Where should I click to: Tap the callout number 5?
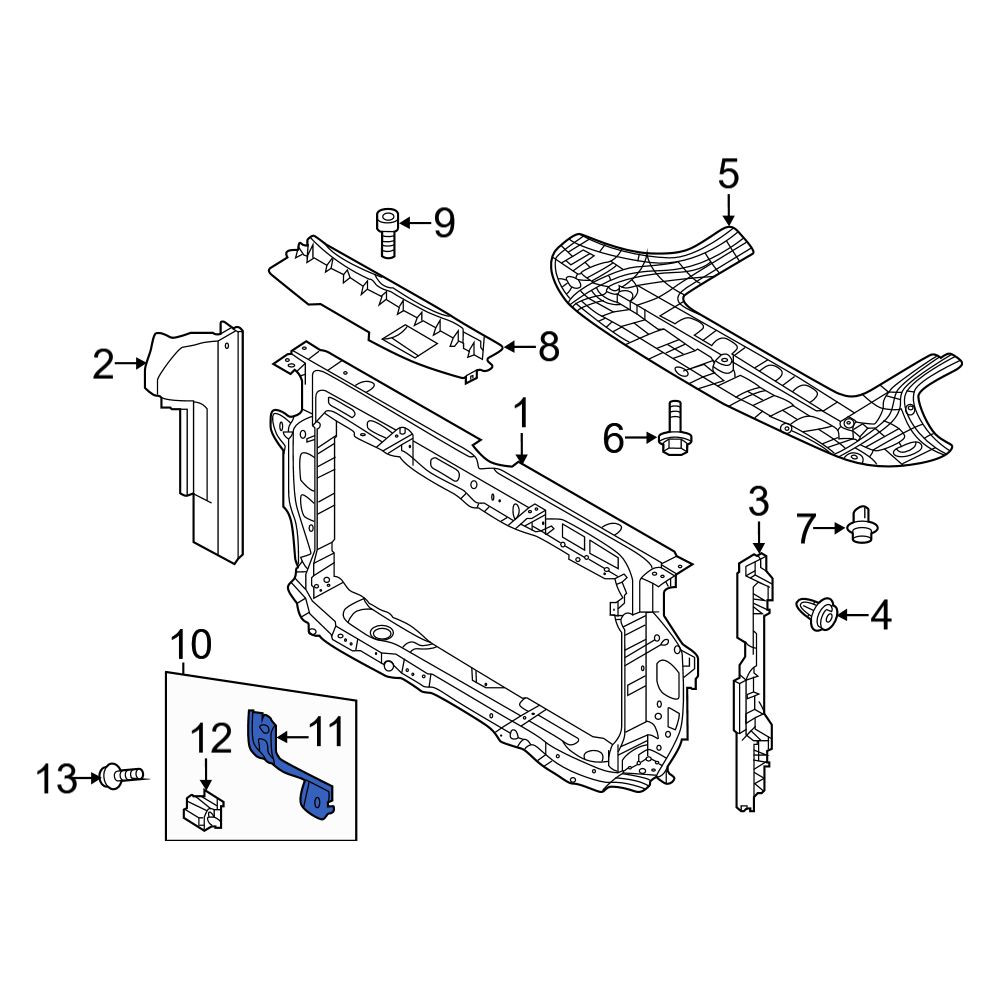tap(728, 175)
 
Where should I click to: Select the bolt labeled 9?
tap(386, 233)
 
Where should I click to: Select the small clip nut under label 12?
tap(203, 811)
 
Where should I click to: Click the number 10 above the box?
tap(191, 645)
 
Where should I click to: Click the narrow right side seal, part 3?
tap(753, 682)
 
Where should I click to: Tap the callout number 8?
tap(548, 348)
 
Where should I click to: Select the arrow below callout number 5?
tap(728, 209)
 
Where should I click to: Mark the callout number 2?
tap(103, 364)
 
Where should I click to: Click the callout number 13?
tap(56, 779)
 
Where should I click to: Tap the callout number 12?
tap(211, 739)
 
